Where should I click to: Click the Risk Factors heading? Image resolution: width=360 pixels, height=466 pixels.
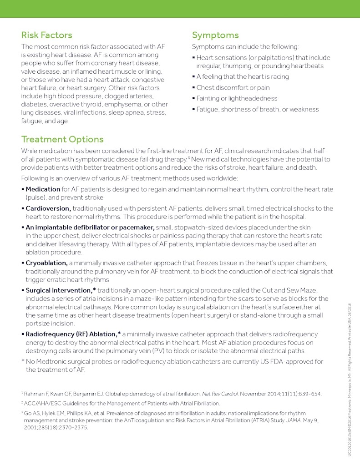pos(46,35)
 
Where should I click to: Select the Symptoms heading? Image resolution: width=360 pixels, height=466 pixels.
pos(215,35)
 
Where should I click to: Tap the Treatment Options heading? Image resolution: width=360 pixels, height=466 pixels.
pos(62,139)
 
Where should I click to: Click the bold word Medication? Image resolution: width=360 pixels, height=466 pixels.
pos(43,189)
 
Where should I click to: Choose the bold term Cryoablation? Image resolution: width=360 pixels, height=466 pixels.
pos(46,263)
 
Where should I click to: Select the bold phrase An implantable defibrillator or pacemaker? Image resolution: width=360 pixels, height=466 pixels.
pos(90,227)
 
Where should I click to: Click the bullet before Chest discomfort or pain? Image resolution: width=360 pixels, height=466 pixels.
pos(193,87)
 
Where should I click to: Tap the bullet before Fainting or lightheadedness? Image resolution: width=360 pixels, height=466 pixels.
pos(193,98)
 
